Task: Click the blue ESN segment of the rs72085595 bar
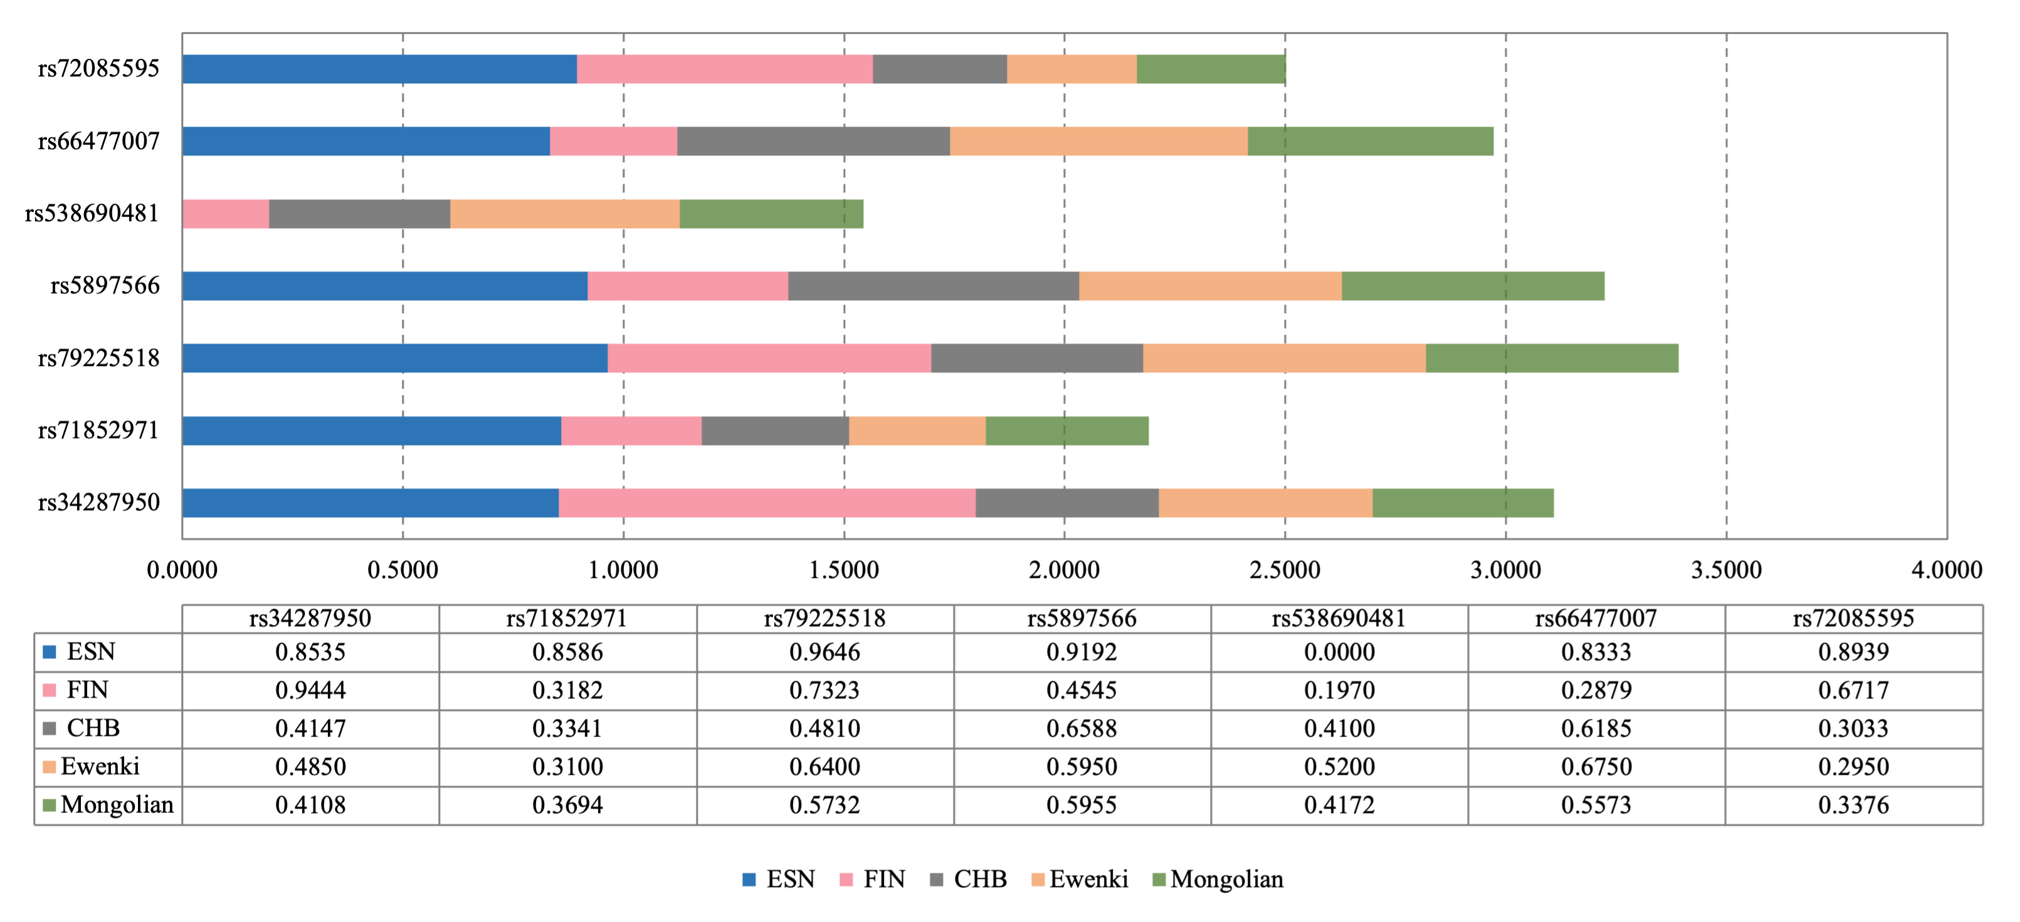pos(379,69)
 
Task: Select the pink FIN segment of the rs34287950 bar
pos(767,503)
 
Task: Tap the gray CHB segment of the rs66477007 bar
pos(813,141)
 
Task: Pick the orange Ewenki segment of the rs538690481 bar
pos(565,214)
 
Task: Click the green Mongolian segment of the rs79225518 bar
pos(1551,359)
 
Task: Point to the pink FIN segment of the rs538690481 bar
pos(226,214)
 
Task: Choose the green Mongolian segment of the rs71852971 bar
pos(1066,431)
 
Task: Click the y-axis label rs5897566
pos(105,285)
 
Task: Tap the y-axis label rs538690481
pos(92,213)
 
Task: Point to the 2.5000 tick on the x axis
pos(1285,570)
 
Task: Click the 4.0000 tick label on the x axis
pos(1946,570)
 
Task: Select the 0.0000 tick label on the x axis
pos(182,570)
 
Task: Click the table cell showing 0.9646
pos(824,651)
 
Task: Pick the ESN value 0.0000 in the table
pos(1339,651)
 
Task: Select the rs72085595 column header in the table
pos(1853,619)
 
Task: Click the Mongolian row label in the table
pos(116,804)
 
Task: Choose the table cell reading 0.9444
pos(310,690)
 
